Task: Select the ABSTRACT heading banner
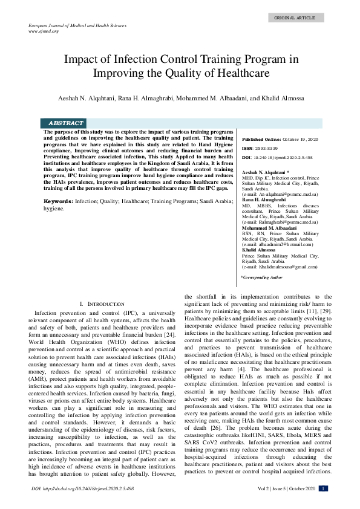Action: (66, 123)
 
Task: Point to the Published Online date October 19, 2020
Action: (301, 138)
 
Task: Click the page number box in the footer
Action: (324, 488)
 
